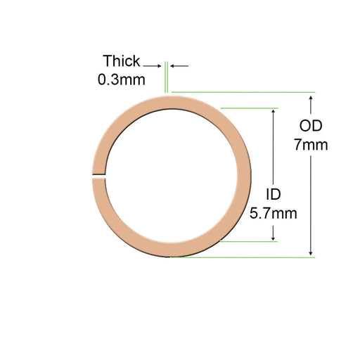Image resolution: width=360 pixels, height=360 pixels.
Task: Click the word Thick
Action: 122,60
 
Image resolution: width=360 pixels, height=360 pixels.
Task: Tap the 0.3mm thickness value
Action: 122,79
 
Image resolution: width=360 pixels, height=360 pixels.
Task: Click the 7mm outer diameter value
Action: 311,146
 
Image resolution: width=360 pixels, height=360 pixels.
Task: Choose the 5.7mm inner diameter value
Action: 273,212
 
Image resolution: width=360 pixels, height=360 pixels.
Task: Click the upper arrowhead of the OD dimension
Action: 311,97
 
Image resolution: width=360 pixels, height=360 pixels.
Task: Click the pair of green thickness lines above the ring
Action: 167,77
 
